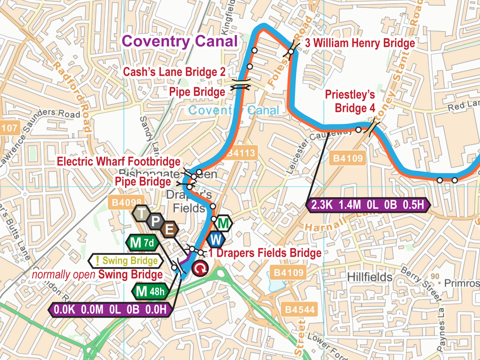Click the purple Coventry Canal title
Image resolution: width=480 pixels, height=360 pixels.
click(x=180, y=41)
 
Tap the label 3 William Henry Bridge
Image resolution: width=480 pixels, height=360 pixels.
click(x=360, y=43)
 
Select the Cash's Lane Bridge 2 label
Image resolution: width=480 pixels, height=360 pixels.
click(x=174, y=72)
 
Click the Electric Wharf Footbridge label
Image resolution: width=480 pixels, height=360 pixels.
click(x=119, y=162)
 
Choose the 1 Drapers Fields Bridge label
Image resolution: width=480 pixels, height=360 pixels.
click(x=265, y=253)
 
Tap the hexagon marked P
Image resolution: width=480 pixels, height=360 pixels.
click(x=155, y=221)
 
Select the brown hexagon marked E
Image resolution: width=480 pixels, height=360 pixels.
click(x=169, y=230)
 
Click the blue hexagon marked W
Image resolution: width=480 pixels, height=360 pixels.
click(x=216, y=240)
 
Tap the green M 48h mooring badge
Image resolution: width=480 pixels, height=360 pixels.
click(x=150, y=292)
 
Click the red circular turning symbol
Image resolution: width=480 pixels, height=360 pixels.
click(x=200, y=268)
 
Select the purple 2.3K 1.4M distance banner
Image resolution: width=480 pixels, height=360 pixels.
click(x=368, y=205)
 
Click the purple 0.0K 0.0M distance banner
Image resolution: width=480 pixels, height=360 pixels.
click(x=110, y=309)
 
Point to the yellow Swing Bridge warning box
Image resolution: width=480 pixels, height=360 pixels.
click(x=126, y=261)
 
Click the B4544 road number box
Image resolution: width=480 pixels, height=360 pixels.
click(x=299, y=310)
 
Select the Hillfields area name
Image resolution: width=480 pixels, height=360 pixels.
click(x=369, y=277)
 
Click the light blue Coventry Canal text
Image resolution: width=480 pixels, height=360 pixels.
click(x=233, y=110)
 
